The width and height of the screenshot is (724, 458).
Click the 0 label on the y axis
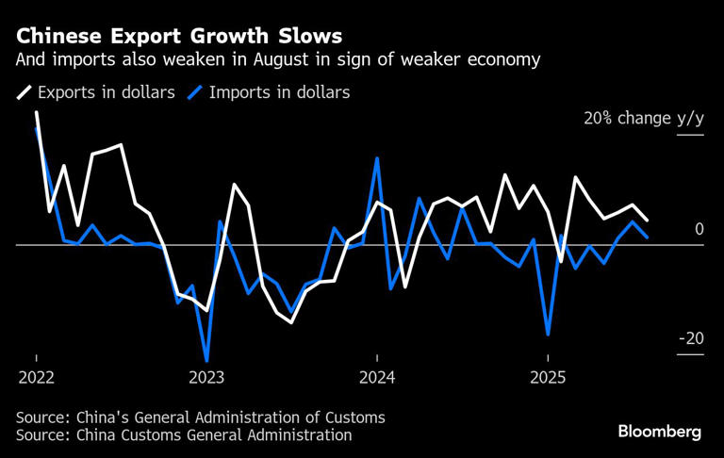pyautogui.click(x=699, y=230)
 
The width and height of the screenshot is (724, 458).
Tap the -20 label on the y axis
pyautogui.click(x=691, y=339)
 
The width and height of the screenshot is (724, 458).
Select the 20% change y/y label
pyautogui.click(x=644, y=119)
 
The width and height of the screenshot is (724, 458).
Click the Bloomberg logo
pyautogui.click(x=660, y=432)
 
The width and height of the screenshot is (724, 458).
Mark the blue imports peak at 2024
pyautogui.click(x=377, y=158)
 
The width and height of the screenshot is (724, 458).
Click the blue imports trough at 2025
pyautogui.click(x=548, y=335)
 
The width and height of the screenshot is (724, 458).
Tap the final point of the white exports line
pyautogui.click(x=647, y=221)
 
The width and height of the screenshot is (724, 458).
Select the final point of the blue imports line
pyautogui.click(x=647, y=237)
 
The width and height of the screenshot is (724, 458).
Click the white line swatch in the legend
pyautogui.click(x=24, y=92)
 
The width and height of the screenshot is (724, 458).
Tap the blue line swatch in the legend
pyautogui.click(x=197, y=92)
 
